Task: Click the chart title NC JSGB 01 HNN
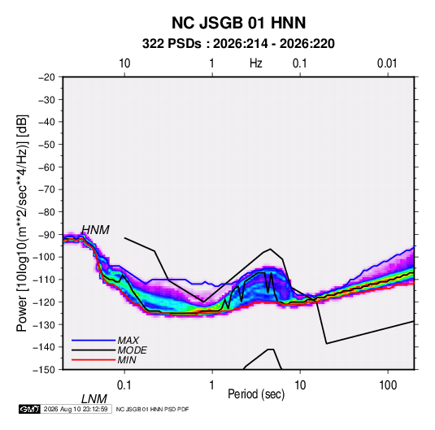(x=238, y=23)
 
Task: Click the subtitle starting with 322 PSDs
(x=238, y=44)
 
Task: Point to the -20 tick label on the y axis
(x=46, y=77)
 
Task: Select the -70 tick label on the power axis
(x=46, y=189)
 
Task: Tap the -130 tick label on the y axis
(x=44, y=324)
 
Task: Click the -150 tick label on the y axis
(x=44, y=370)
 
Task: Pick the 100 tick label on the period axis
(x=388, y=385)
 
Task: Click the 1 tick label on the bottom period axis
(x=211, y=385)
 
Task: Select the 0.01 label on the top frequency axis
(x=387, y=63)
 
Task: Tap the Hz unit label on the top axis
(x=256, y=63)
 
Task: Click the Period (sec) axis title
(x=256, y=394)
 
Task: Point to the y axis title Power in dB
(x=22, y=223)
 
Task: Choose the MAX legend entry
(x=128, y=340)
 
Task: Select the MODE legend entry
(x=132, y=350)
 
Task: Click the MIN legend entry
(x=127, y=360)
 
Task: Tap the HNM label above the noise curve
(x=95, y=230)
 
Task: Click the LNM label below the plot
(x=94, y=399)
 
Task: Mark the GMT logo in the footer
(x=30, y=409)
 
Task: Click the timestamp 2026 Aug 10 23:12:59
(x=76, y=409)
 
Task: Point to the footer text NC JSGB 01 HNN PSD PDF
(x=152, y=409)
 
